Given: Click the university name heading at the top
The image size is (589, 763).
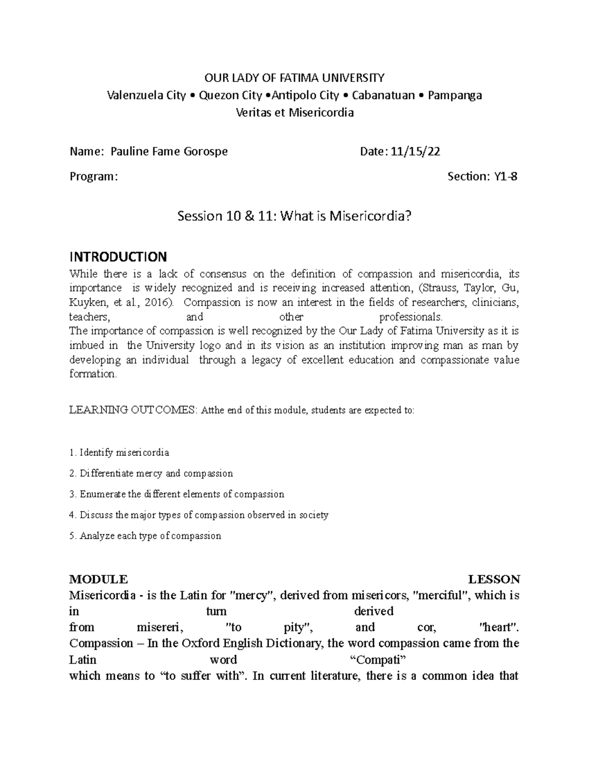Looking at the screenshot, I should (294, 78).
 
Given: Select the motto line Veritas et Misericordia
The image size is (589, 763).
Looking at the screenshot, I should (294, 113).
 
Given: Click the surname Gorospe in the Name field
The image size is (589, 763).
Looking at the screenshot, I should (205, 151).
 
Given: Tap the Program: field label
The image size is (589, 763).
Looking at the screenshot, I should (94, 176).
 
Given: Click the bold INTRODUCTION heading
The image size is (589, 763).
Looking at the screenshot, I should (118, 256).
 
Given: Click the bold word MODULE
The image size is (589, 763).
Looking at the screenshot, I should (98, 579).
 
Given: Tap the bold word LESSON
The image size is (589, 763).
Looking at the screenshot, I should (494, 579).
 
